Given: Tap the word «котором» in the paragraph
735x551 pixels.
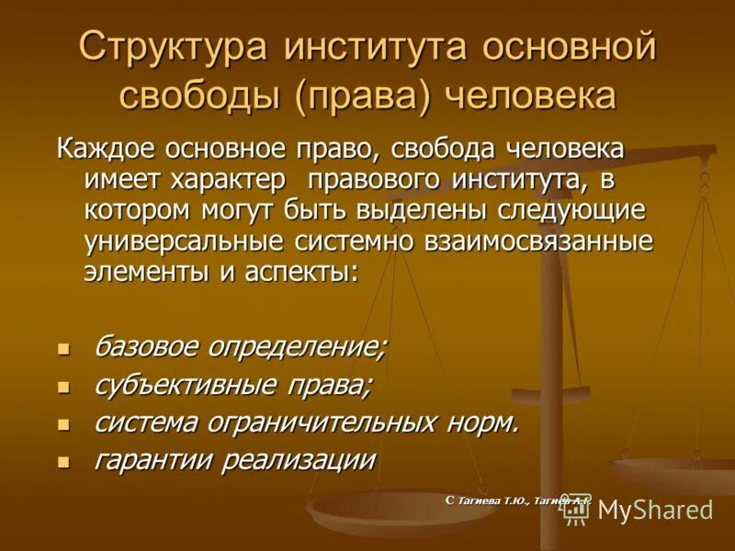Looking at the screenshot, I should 137,210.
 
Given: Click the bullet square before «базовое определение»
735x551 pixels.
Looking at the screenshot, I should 63,350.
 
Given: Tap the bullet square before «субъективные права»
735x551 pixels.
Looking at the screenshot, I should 63,388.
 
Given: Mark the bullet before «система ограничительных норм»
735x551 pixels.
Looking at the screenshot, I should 63,425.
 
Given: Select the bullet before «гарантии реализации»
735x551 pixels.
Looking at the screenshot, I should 63,462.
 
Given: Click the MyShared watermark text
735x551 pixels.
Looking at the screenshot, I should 654,510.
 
